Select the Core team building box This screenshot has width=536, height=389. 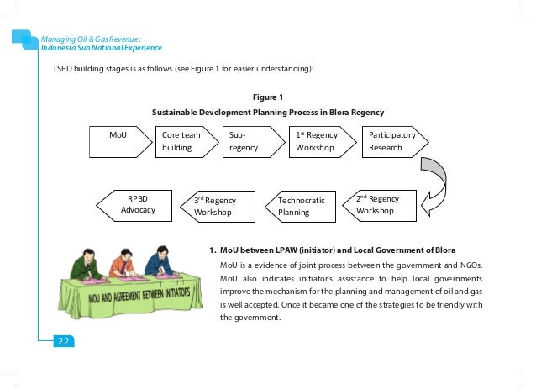[x=182, y=141]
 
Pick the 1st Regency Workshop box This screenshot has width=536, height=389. [x=318, y=141]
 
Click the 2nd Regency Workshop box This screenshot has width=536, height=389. [x=378, y=205]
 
